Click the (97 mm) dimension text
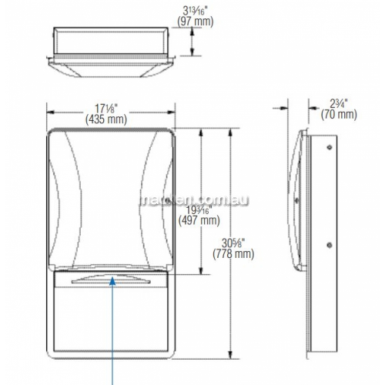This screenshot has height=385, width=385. (x=196, y=22)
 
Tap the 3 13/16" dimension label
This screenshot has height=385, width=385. (x=196, y=11)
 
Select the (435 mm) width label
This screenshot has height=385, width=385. (x=106, y=119)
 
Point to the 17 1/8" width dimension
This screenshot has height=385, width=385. (x=106, y=109)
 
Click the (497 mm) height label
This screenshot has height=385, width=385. (x=199, y=220)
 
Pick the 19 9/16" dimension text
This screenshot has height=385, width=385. (x=199, y=210)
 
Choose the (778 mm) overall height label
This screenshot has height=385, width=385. (x=233, y=254)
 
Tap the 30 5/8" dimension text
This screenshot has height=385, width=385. (x=233, y=243)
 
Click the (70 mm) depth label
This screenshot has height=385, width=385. (x=339, y=114)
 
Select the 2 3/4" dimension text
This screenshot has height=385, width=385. (x=339, y=104)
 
